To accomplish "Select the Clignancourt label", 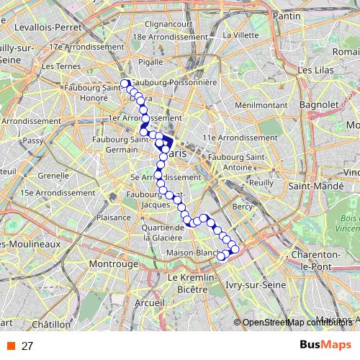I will (x=168, y=24).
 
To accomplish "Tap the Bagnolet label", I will (x=315, y=104).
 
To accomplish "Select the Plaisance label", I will (x=113, y=217).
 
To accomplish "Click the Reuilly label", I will (x=261, y=183).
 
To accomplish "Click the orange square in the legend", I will (x=12, y=346).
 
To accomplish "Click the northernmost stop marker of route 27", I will (x=125, y=84).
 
